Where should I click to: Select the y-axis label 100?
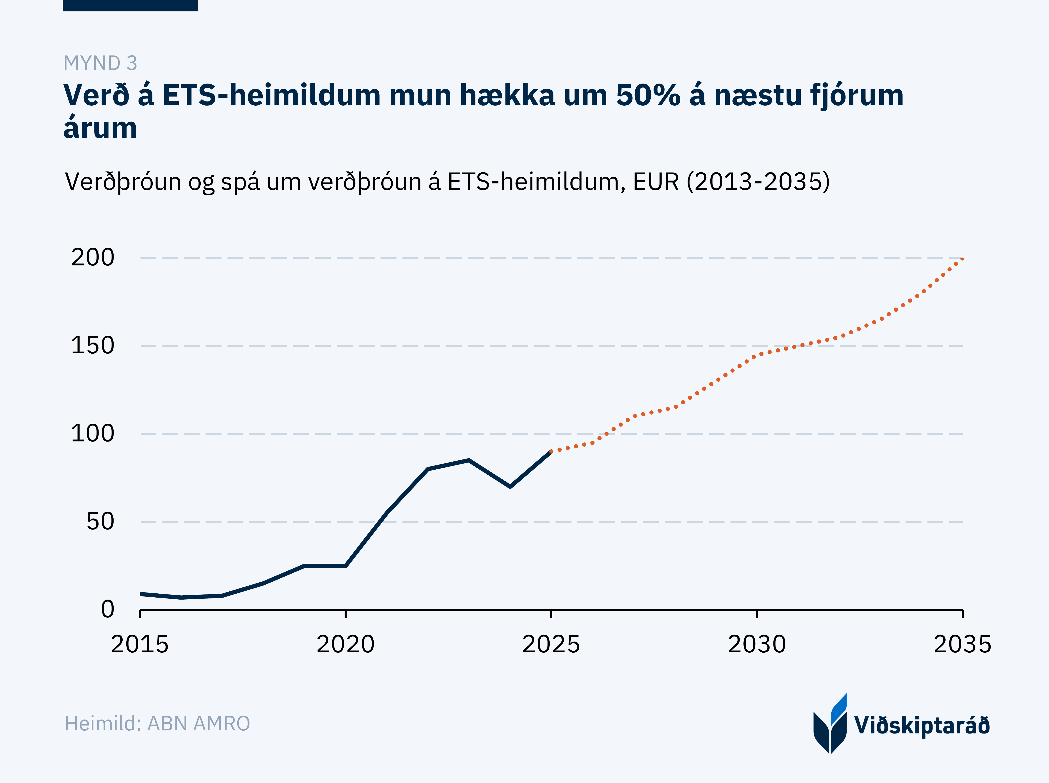(93, 434)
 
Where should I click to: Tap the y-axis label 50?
(101, 522)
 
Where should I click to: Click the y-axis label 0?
(108, 610)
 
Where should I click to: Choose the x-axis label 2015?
(140, 645)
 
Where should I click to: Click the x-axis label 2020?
(345, 645)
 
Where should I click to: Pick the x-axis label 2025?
(551, 645)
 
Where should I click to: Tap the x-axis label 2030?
(757, 645)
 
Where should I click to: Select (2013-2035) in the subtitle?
(758, 181)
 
